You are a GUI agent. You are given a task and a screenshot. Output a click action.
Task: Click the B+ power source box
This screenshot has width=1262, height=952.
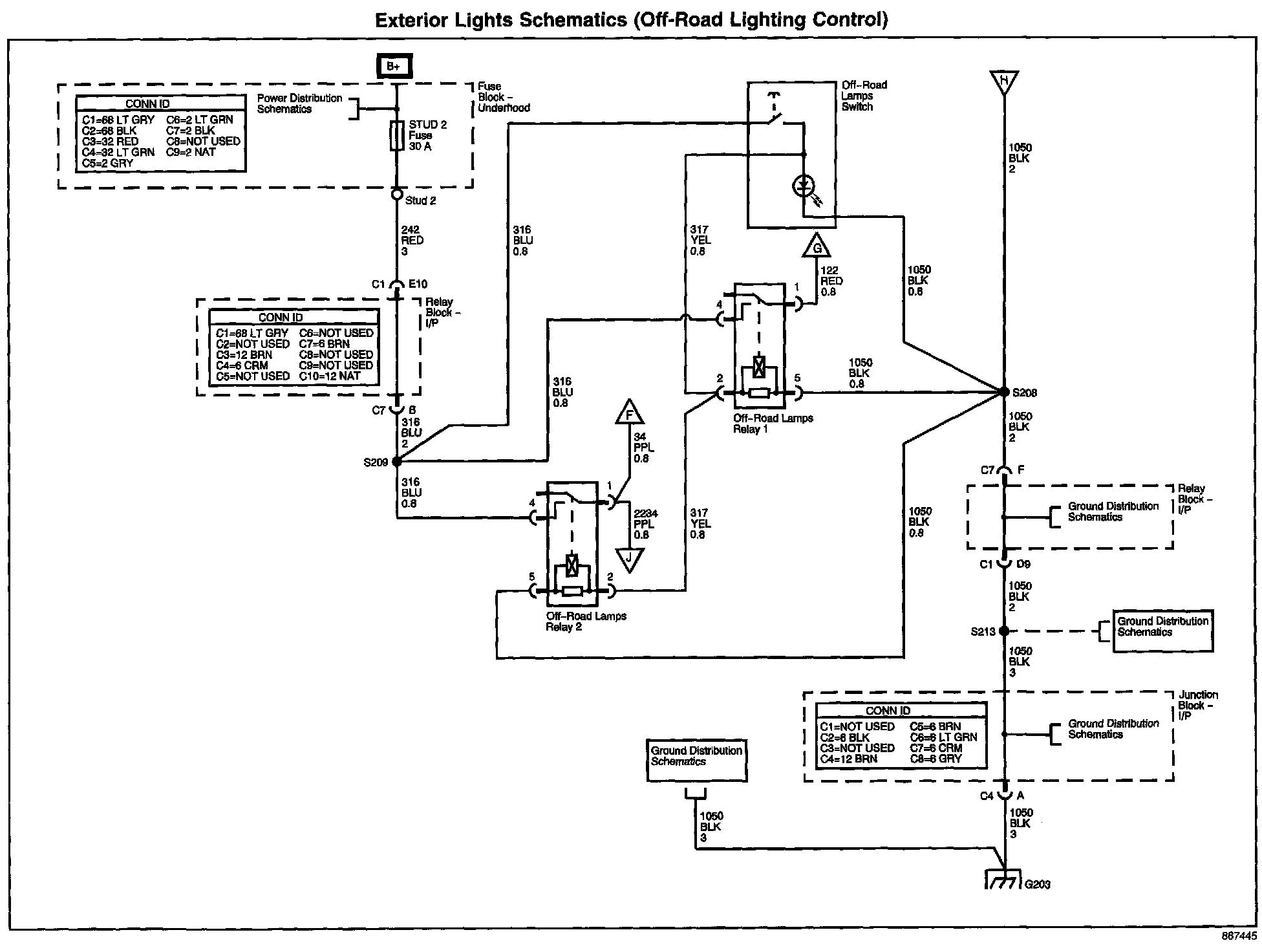click(x=394, y=66)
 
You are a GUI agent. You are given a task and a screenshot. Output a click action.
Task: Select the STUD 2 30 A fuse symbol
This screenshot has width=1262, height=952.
click(x=398, y=136)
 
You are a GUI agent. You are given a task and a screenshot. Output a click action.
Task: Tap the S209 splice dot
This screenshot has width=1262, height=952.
click(x=397, y=462)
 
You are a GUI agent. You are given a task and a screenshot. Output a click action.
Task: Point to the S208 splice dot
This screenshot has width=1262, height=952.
click(x=1004, y=392)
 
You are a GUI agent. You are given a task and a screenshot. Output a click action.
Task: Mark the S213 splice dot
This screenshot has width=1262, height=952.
click(x=1004, y=631)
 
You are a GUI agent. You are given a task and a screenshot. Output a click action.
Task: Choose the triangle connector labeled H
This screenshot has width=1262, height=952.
click(x=1004, y=82)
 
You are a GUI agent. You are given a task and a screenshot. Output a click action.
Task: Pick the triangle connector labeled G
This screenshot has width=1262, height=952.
click(x=817, y=246)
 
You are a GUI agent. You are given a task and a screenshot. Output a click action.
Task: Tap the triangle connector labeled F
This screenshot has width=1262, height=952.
click(x=630, y=413)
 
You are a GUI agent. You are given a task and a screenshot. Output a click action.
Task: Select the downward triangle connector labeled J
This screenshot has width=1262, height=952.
click(x=629, y=559)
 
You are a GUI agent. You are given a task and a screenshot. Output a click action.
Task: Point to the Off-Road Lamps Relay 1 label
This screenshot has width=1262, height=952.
click(x=773, y=424)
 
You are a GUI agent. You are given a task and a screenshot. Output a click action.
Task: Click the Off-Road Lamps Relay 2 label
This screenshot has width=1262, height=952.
click(x=586, y=622)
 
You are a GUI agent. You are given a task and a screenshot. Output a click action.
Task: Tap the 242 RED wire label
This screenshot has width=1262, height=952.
click(x=412, y=241)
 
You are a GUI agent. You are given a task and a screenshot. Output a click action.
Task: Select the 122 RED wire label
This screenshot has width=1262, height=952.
click(x=831, y=281)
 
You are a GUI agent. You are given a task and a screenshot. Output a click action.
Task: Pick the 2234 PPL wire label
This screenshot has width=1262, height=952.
click(x=645, y=525)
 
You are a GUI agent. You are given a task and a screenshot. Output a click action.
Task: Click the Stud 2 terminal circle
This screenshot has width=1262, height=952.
click(x=398, y=193)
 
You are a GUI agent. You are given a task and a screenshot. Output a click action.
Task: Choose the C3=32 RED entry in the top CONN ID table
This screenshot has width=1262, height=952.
click(x=111, y=142)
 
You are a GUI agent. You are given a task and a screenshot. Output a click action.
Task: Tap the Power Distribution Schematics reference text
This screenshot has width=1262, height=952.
click(x=299, y=103)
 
